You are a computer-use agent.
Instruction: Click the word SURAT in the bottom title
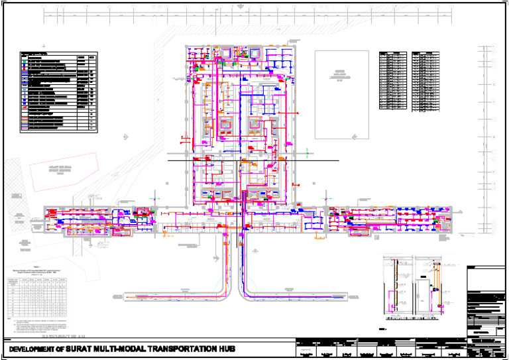(x=89, y=349)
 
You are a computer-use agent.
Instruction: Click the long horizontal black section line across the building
(x=252, y=160)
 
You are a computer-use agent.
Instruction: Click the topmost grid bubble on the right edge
(x=494, y=46)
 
